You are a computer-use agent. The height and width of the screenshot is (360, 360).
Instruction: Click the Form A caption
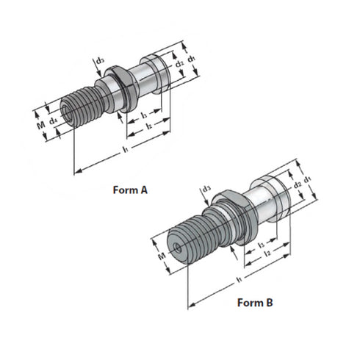[130, 190]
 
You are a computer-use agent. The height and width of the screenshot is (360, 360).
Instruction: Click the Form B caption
[254, 302]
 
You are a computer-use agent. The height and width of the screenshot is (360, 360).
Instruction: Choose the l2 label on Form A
[148, 126]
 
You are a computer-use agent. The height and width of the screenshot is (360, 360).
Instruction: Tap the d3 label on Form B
[207, 189]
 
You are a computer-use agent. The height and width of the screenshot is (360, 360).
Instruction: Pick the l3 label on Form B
[262, 243]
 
